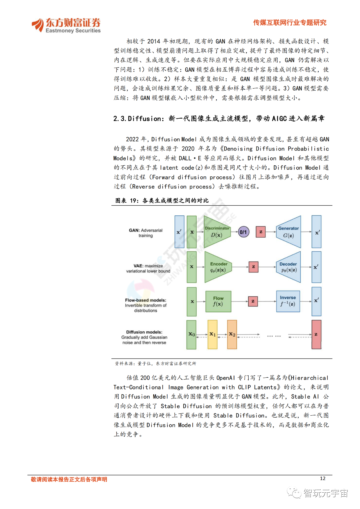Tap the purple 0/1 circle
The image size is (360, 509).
tap(243, 232)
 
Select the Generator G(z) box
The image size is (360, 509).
tap(289, 232)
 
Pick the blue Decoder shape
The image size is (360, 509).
tap(289, 267)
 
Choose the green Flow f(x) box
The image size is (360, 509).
tap(218, 301)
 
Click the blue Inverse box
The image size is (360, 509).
tap(288, 301)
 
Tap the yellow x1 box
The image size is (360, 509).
tap(212, 334)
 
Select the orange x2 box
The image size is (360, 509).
tap(232, 334)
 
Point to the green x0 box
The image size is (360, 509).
tap(191, 334)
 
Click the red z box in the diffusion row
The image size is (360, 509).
tap(316, 334)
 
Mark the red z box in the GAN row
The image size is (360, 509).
tap(261, 232)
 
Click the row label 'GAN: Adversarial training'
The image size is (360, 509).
tap(146, 233)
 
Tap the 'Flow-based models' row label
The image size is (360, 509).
tap(146, 305)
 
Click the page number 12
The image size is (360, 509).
tap(322, 478)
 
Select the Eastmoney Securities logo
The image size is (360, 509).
tap(66, 25)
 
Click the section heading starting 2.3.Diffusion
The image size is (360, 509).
tap(219, 118)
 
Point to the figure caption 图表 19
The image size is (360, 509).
tap(162, 200)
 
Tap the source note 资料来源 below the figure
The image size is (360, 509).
tap(155, 363)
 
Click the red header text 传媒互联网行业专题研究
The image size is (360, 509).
tap(289, 23)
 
